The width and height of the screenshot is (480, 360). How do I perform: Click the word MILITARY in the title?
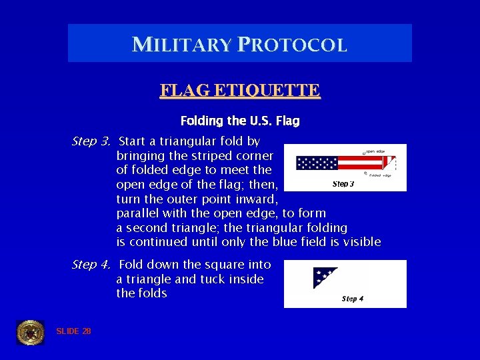click(x=181, y=45)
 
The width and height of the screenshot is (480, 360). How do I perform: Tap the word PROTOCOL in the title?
click(x=291, y=45)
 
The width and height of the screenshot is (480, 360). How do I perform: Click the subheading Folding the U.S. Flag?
click(x=240, y=121)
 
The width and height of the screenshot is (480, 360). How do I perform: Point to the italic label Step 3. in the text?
click(x=91, y=141)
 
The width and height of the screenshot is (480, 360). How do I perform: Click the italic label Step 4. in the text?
click(x=91, y=265)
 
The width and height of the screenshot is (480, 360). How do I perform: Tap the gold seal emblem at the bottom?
click(x=30, y=332)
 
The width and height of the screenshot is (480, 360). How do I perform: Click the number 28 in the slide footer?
click(x=86, y=331)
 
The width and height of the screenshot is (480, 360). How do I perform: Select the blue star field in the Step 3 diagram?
click(x=317, y=163)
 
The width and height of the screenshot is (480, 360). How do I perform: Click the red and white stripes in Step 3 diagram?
click(x=360, y=163)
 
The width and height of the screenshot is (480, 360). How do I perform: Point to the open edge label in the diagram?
click(x=374, y=151)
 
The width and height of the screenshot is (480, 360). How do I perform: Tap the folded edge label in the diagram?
click(x=379, y=175)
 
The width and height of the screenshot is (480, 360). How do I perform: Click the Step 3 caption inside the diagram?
click(x=343, y=184)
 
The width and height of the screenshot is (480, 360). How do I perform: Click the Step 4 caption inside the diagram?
click(x=352, y=299)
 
